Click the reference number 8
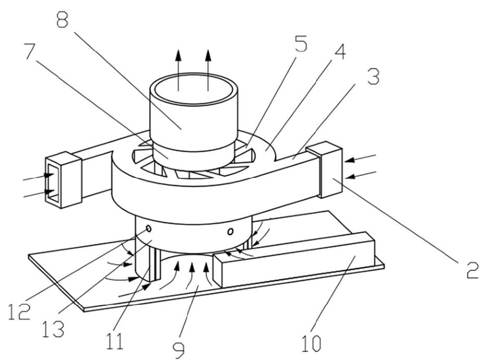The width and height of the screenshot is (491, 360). pos(63,18)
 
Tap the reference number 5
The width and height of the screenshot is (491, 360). pos(300,43)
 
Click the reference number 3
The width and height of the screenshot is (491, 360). pos(373,76)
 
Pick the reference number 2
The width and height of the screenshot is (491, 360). pos(473,270)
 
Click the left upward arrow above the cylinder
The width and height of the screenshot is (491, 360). pos(178,70)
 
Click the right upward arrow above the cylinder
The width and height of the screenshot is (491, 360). pos(208,70)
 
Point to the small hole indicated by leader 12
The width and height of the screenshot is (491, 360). pos(149,229)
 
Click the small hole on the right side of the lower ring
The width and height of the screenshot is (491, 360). pos(230,231)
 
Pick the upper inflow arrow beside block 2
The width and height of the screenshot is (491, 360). pos(360,158)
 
